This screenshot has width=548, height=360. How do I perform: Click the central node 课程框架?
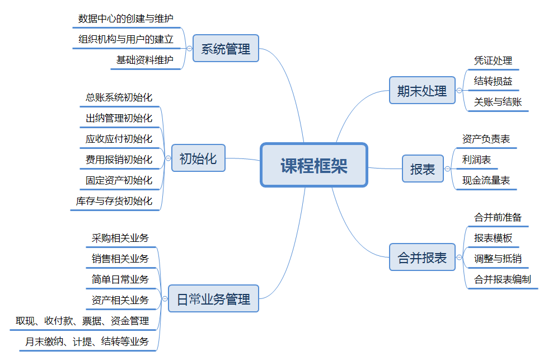tap(313, 165)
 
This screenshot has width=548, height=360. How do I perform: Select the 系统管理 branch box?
tap(226, 49)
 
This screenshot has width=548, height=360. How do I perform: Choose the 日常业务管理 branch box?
tap(213, 299)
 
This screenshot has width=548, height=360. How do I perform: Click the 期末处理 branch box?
tap(422, 91)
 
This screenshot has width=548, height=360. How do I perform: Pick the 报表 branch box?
tap(423, 169)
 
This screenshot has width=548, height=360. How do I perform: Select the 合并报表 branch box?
tap(422, 258)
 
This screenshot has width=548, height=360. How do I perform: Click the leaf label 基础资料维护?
tap(145, 60)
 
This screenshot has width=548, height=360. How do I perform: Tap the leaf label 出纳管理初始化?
tap(119, 118)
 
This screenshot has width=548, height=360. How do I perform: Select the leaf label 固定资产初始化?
tap(119, 180)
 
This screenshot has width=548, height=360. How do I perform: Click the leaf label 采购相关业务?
tap(120, 238)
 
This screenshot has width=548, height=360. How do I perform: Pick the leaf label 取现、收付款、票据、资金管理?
tap(82, 321)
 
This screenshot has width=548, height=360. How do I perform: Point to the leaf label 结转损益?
tap(493, 81)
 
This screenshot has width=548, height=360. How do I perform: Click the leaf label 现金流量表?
tap(486, 180)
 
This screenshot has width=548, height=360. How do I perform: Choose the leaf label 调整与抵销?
tap(498, 258)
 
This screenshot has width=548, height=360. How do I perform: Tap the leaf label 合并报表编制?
tap(502, 279)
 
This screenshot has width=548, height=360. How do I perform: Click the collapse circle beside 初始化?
tap(168, 158)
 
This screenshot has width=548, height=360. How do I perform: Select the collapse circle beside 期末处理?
tap(459, 91)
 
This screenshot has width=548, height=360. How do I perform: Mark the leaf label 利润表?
tap(476, 160)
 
